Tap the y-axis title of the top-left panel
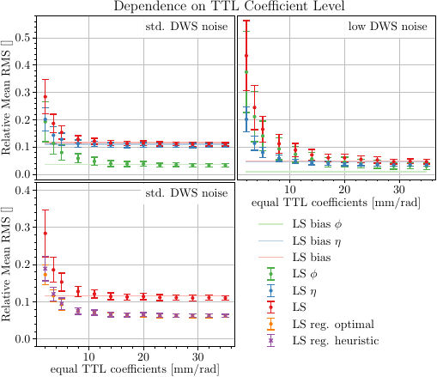click(8, 96)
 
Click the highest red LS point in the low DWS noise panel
click(246, 55)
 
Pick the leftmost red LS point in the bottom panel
click(45, 233)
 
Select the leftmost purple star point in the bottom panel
click(45, 269)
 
